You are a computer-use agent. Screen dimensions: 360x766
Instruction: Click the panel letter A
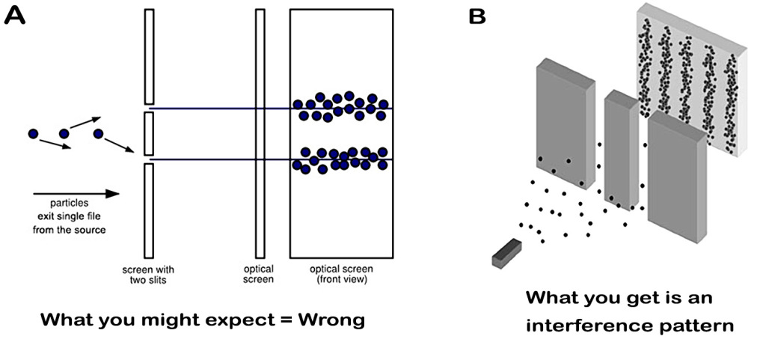click(x=16, y=16)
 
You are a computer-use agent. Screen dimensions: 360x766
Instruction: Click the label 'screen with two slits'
click(x=149, y=274)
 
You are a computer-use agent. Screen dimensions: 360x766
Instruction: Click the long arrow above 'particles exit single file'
click(x=76, y=194)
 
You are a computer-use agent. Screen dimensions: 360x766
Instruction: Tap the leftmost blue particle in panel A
click(x=33, y=134)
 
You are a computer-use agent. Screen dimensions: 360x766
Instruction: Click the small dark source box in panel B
click(x=506, y=251)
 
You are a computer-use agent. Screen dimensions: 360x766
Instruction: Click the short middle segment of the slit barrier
click(x=149, y=134)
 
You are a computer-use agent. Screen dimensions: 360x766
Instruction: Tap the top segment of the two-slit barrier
click(x=149, y=57)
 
